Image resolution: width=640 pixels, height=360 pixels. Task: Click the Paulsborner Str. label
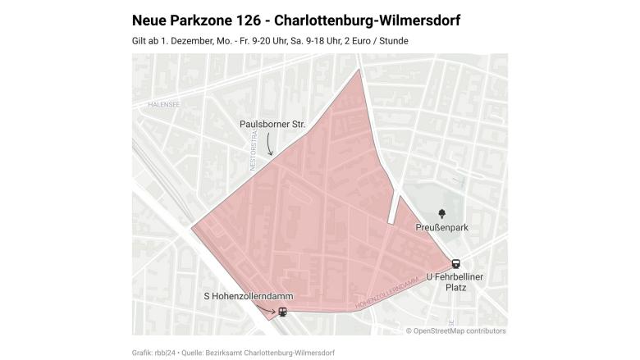coord(272,124)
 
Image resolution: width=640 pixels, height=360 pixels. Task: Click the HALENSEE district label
coord(163,105)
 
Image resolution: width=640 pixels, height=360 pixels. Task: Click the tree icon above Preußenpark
coord(442,213)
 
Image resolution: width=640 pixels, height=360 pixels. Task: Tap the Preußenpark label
coord(441,227)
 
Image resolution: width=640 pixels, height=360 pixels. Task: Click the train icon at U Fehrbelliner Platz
coord(455,264)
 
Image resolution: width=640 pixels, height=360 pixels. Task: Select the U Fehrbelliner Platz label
coord(455,282)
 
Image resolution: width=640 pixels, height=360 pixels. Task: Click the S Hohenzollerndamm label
coord(248,295)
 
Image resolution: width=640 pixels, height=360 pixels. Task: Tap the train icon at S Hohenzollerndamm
coord(282,312)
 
